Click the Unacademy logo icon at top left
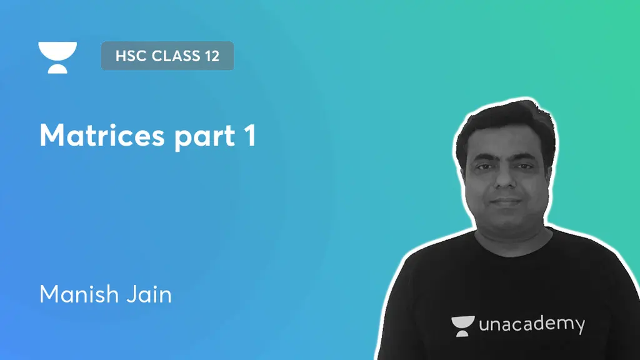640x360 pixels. tap(57, 57)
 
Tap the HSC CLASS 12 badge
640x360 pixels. tap(167, 56)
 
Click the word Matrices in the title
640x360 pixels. tap(100, 136)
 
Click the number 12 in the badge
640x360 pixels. tap(211, 56)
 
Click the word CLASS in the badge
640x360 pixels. tap(171, 56)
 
